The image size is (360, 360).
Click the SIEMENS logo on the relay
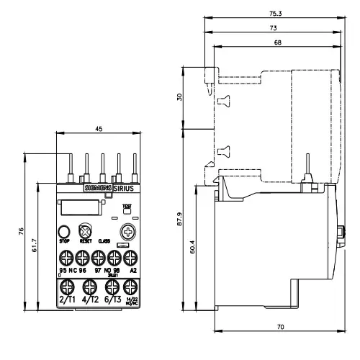click(99, 189)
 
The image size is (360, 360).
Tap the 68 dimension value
click(277, 42)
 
